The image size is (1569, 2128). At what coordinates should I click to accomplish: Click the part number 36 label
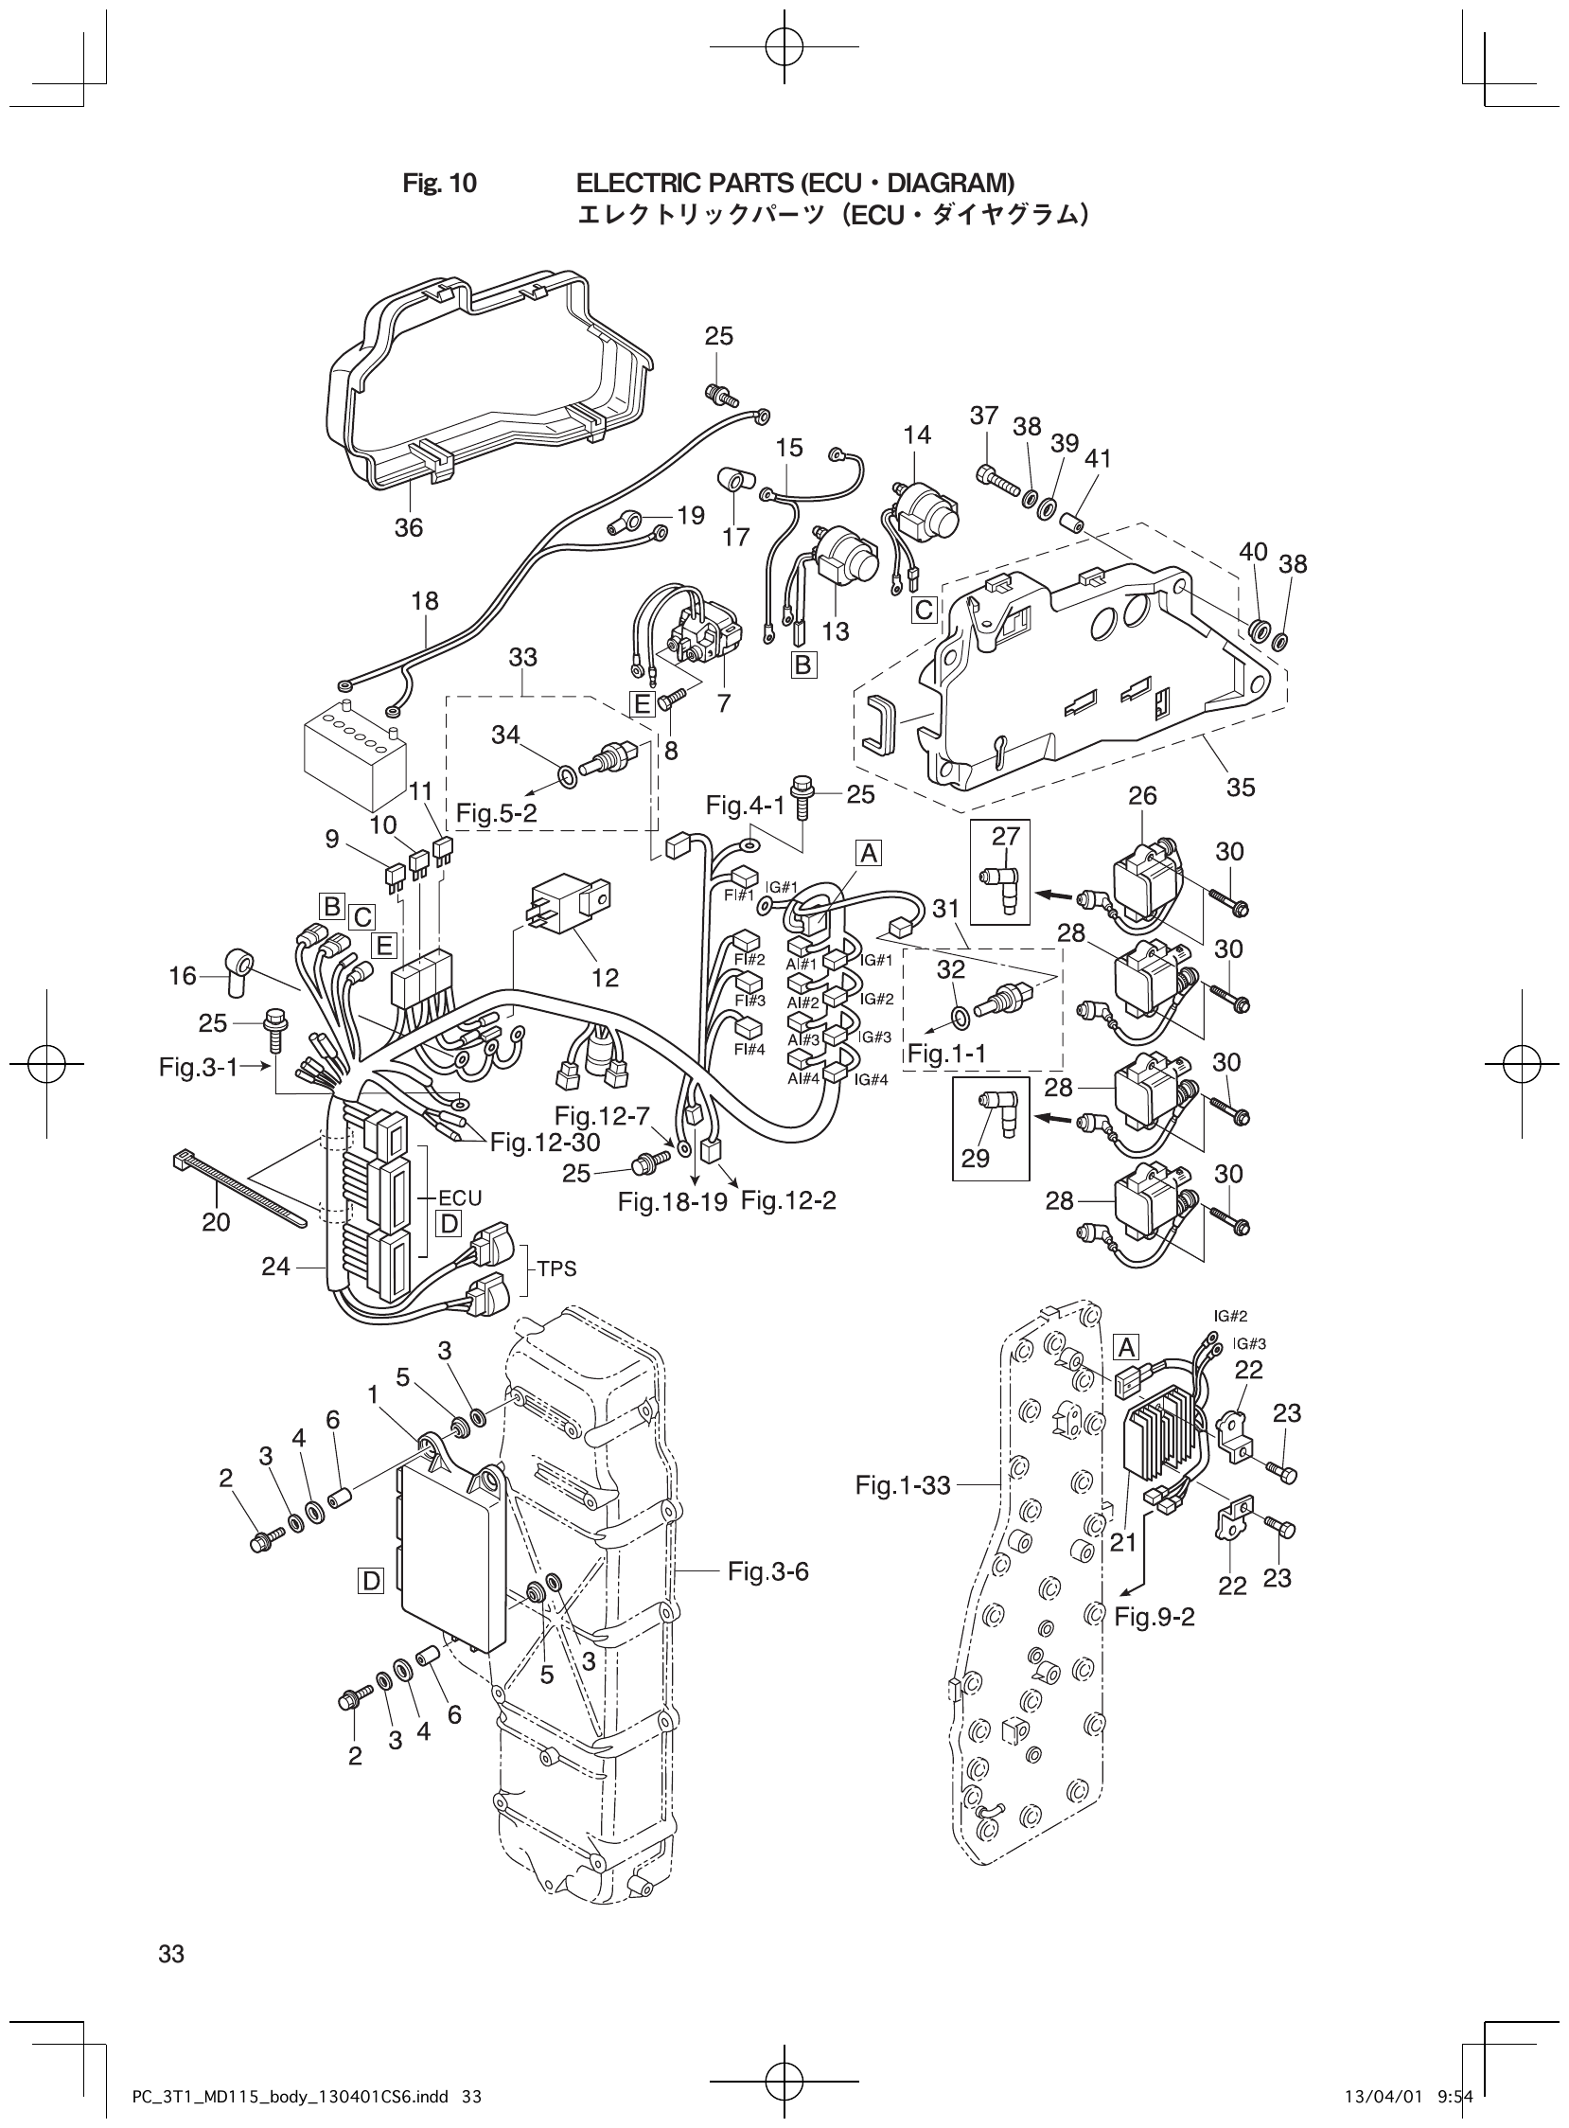pyautogui.click(x=409, y=527)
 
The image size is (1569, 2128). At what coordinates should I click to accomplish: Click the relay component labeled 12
pyautogui.click(x=567, y=909)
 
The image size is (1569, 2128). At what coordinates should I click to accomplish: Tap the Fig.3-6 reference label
pyautogui.click(x=767, y=1570)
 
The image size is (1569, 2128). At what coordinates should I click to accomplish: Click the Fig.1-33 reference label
pyautogui.click(x=902, y=1485)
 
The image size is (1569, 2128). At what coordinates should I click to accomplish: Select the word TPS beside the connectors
pyautogui.click(x=556, y=1268)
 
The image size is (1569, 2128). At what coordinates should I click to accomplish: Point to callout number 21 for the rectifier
pyautogui.click(x=1122, y=1542)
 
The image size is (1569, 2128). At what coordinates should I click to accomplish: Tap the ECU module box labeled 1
pyautogui.click(x=451, y=1558)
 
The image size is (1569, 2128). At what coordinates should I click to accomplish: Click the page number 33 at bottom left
pyautogui.click(x=171, y=1954)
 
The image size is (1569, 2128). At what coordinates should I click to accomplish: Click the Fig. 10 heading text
pyautogui.click(x=440, y=184)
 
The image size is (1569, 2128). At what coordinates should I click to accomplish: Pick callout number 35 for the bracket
pyautogui.click(x=1241, y=787)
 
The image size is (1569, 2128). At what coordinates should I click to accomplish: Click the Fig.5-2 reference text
pyautogui.click(x=496, y=813)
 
